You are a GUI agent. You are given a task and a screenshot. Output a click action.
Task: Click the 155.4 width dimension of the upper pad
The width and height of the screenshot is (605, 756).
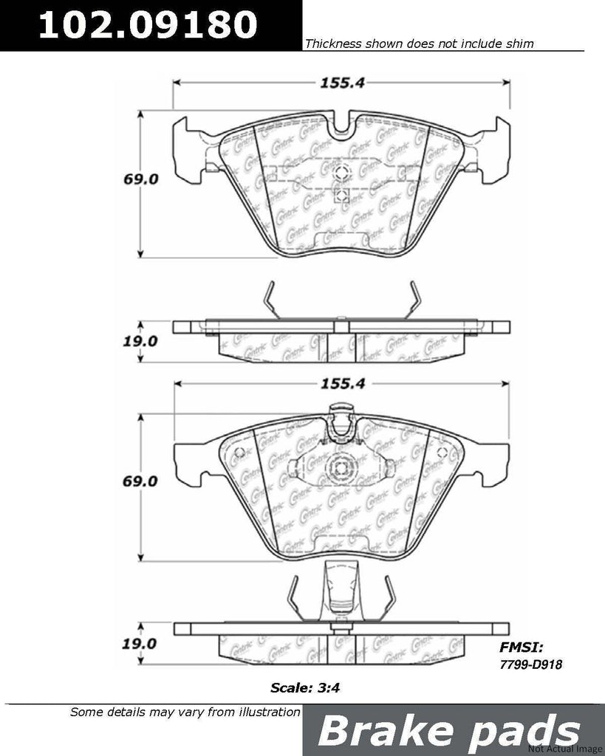point(341,83)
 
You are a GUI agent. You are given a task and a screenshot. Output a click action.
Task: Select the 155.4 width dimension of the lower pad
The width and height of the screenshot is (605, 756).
point(341,384)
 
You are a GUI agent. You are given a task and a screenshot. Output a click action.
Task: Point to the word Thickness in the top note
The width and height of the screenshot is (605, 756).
point(332,44)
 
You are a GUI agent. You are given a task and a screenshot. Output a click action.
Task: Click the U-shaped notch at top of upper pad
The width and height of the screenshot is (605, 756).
point(341,127)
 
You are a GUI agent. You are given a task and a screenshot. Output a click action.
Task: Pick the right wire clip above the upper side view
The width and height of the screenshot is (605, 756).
point(415,300)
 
